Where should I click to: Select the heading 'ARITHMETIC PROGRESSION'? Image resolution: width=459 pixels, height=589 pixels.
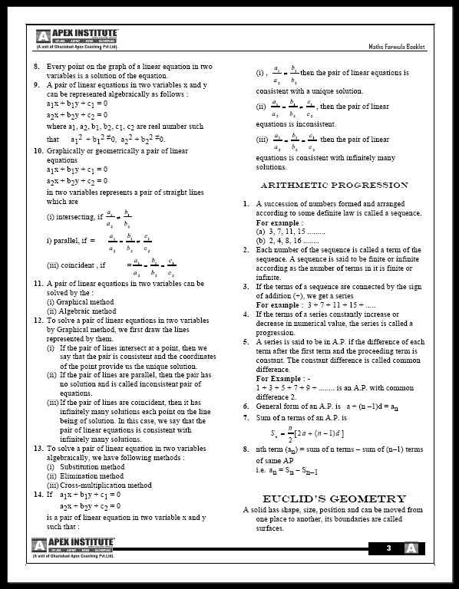(x=334, y=186)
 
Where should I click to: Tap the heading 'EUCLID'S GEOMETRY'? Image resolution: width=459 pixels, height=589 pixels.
(x=334, y=499)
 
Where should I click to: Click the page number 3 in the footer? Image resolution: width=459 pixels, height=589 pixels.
(x=389, y=548)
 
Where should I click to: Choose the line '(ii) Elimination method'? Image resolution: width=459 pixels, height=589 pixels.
(x=86, y=475)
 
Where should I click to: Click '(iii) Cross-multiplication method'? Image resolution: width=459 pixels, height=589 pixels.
(x=100, y=485)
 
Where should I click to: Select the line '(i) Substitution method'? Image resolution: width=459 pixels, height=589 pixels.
(x=86, y=466)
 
